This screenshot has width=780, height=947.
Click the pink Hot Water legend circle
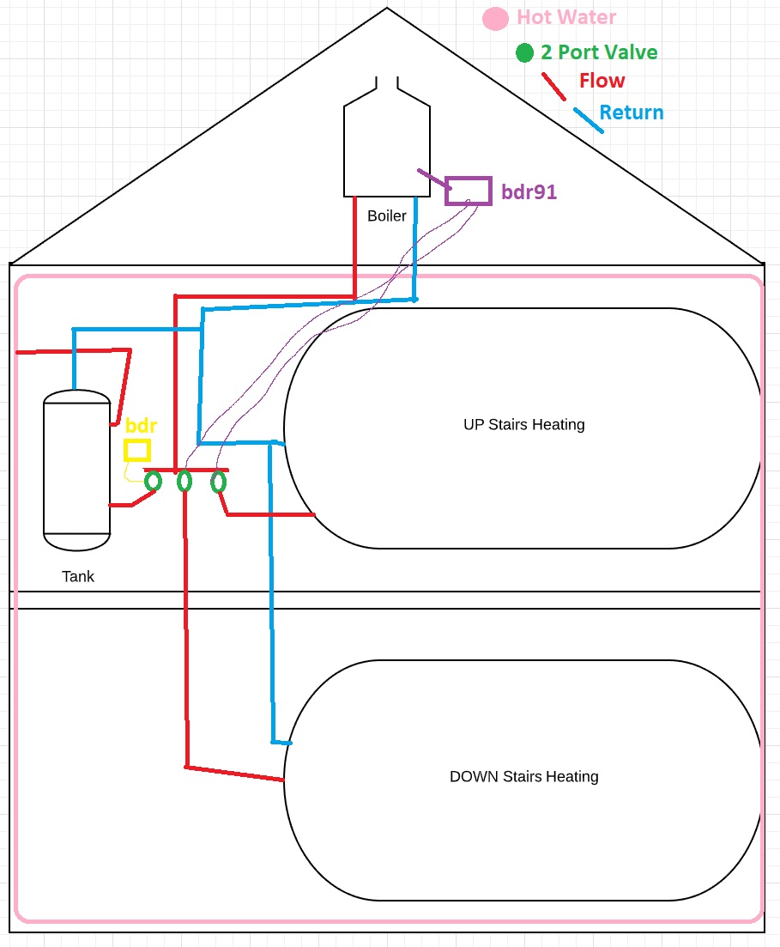click(x=494, y=19)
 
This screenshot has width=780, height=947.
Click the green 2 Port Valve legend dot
click(x=524, y=53)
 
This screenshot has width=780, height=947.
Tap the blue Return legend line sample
click(x=588, y=120)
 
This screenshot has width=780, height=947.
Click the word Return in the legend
click(x=631, y=112)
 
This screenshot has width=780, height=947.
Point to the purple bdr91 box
click(x=468, y=191)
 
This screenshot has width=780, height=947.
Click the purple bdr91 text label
click(x=529, y=192)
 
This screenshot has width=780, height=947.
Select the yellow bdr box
click(x=137, y=450)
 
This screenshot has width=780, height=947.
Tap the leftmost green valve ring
click(x=153, y=481)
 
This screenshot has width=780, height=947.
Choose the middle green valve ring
click(x=184, y=482)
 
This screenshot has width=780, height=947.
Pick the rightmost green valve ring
click(x=218, y=482)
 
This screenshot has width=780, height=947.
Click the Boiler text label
click(x=386, y=216)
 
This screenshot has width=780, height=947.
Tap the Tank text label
click(x=77, y=576)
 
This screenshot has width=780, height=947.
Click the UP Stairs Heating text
click(x=523, y=424)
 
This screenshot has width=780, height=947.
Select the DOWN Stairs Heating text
click(x=523, y=776)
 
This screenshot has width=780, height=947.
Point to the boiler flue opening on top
click(x=386, y=84)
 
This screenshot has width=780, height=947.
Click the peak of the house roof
click(x=387, y=9)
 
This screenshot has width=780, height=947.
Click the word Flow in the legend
click(x=602, y=81)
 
